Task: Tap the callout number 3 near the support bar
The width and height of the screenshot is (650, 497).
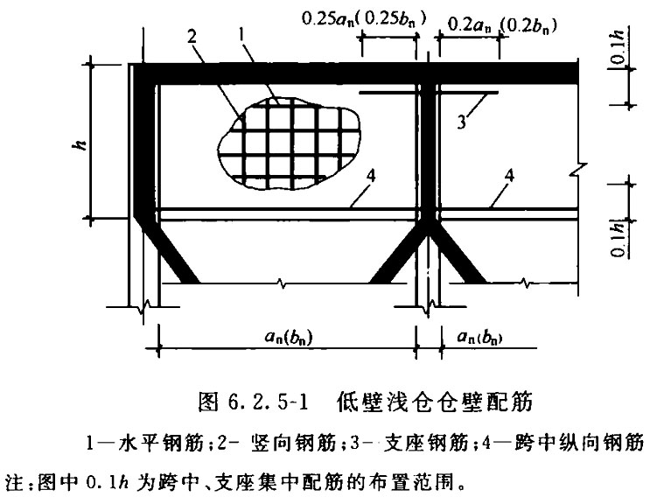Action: [461, 122]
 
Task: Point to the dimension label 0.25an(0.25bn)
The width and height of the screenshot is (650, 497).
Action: [364, 19]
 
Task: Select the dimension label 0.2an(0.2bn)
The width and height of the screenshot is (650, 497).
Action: [502, 25]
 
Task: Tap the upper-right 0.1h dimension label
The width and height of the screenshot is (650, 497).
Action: [619, 47]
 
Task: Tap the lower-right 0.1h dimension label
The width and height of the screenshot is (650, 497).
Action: [619, 240]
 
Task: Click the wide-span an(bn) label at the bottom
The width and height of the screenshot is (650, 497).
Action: [288, 336]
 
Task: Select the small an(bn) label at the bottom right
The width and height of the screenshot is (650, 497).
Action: [479, 337]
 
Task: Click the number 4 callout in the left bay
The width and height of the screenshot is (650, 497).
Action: [371, 176]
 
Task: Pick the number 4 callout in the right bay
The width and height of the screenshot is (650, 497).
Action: [509, 176]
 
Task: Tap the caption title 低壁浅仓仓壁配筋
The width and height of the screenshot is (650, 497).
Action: [435, 402]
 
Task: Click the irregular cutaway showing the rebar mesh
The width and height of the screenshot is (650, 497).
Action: [289, 143]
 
